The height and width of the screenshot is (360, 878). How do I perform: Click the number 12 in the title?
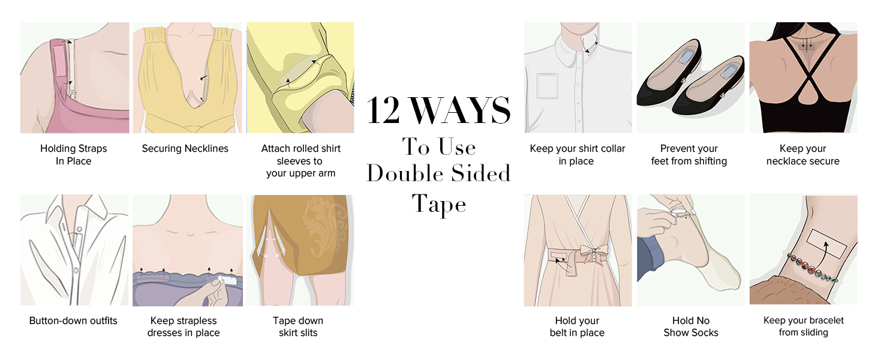[384, 110]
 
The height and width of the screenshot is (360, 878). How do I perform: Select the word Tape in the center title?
[439, 204]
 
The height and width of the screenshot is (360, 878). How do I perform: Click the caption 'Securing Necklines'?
[185, 149]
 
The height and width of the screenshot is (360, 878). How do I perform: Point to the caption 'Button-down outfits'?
[73, 321]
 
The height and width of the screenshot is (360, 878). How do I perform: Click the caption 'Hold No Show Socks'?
[690, 327]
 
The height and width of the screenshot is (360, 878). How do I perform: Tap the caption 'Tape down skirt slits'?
[298, 327]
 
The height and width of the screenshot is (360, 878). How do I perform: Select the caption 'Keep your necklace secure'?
[802, 155]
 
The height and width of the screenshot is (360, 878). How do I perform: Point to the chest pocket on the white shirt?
[547, 85]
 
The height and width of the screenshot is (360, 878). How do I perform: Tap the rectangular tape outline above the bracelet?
[826, 242]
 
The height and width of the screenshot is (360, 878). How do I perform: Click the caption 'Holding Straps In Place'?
[73, 155]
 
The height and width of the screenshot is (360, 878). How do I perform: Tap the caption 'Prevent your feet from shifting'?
[689, 155]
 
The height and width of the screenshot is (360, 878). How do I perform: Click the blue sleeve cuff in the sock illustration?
[650, 258]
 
